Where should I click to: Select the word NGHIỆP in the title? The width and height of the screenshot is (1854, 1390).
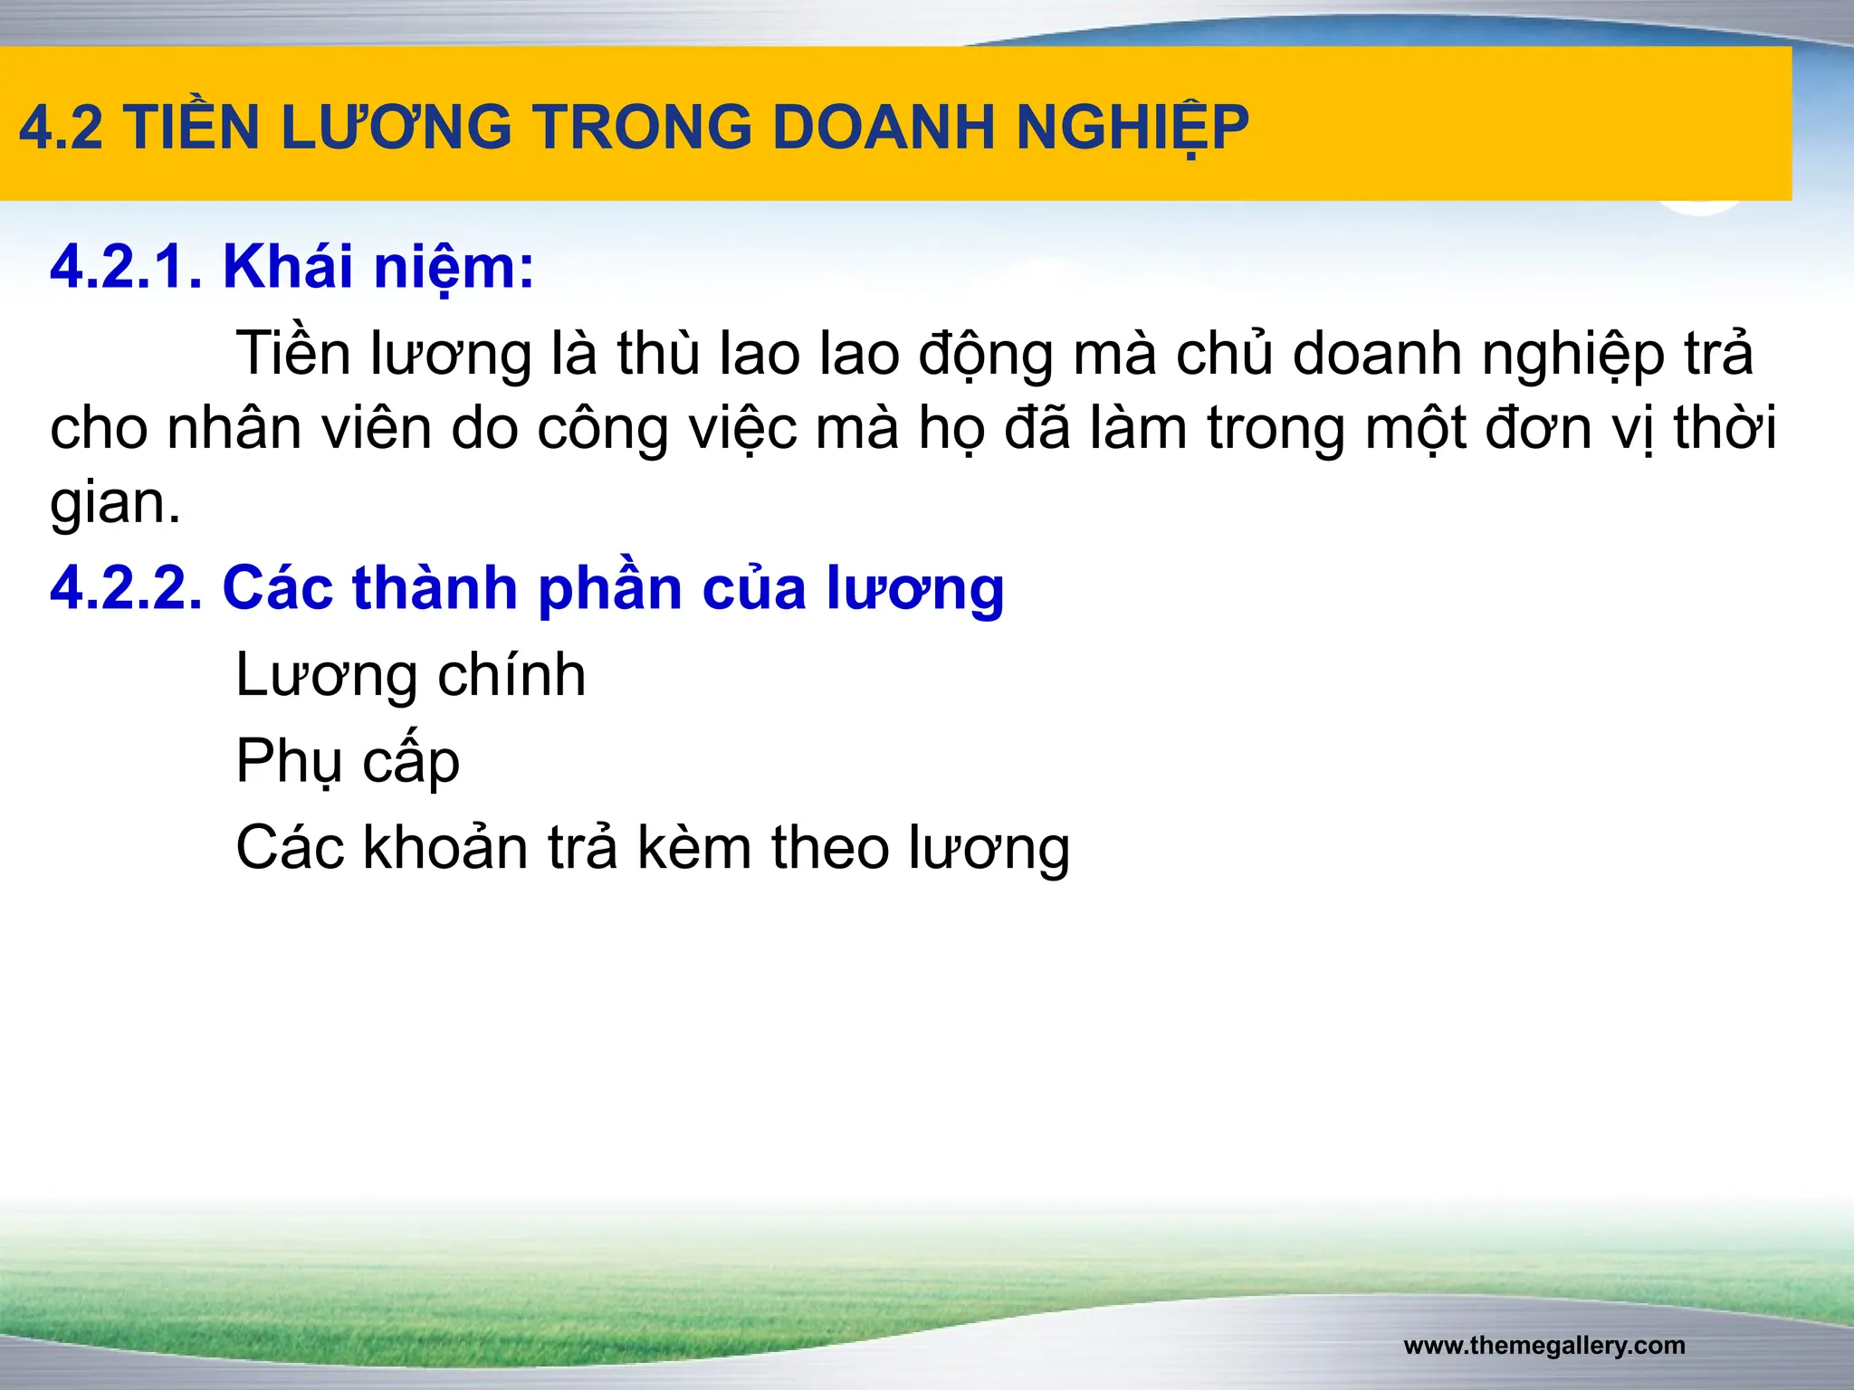point(1132,128)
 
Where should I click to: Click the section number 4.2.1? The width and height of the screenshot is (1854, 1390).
point(126,268)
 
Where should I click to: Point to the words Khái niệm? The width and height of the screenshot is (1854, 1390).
point(378,268)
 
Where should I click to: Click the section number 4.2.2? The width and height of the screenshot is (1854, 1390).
point(126,588)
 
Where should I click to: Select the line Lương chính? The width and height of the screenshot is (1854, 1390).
point(410,675)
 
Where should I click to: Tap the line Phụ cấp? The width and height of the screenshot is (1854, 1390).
point(348,761)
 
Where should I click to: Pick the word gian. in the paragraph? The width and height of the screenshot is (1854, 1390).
point(115,503)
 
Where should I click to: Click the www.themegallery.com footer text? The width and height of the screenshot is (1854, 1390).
point(1544,1346)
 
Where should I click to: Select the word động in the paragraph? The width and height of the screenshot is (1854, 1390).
point(987,356)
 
